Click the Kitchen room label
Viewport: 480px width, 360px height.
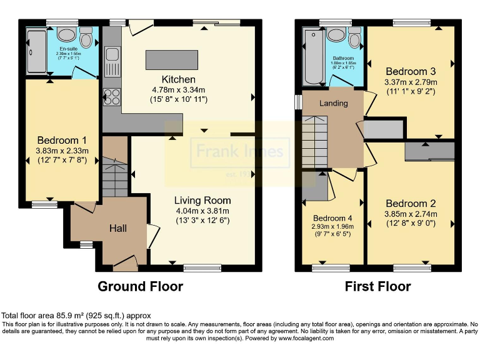[x=179, y=79]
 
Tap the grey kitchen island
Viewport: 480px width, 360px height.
[x=170, y=59]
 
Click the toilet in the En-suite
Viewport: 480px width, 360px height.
[x=86, y=39]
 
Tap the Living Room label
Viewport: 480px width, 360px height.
[x=202, y=201]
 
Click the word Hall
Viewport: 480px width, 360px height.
[x=118, y=228]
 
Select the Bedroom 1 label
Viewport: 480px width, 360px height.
[x=62, y=140]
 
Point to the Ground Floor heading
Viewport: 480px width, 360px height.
[x=141, y=286]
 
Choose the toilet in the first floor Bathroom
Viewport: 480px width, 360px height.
[x=355, y=40]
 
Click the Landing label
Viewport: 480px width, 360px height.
[x=334, y=102]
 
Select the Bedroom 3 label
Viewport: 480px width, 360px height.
[x=411, y=71]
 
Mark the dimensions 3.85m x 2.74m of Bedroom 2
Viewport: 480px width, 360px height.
[x=411, y=214]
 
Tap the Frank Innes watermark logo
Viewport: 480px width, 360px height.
[x=240, y=151]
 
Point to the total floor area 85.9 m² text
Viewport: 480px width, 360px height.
[x=76, y=316]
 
